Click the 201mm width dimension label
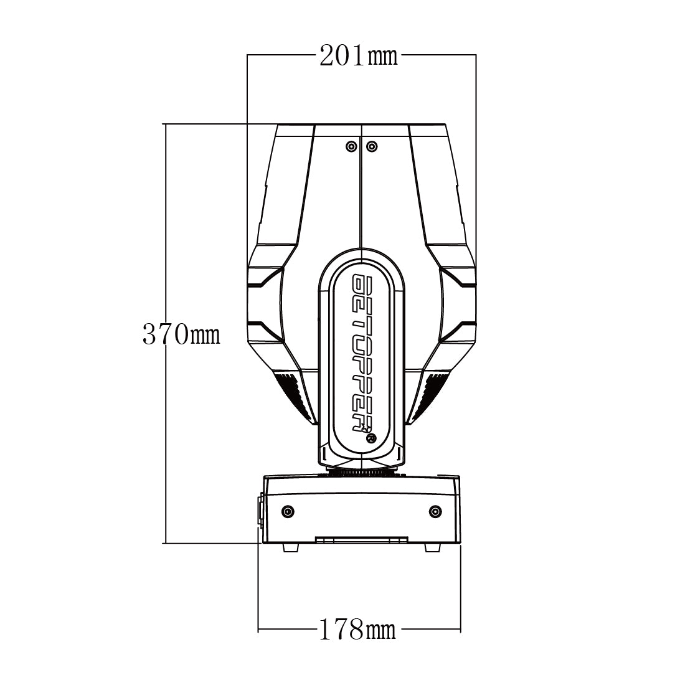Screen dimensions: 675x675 359,55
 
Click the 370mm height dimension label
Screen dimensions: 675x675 181,334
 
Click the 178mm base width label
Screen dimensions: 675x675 357,630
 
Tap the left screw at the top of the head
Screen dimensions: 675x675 352,147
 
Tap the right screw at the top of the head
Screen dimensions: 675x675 372,147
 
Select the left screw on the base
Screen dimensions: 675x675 288,512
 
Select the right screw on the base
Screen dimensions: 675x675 436,512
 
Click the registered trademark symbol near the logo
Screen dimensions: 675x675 371,438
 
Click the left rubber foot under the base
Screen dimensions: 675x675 291,547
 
